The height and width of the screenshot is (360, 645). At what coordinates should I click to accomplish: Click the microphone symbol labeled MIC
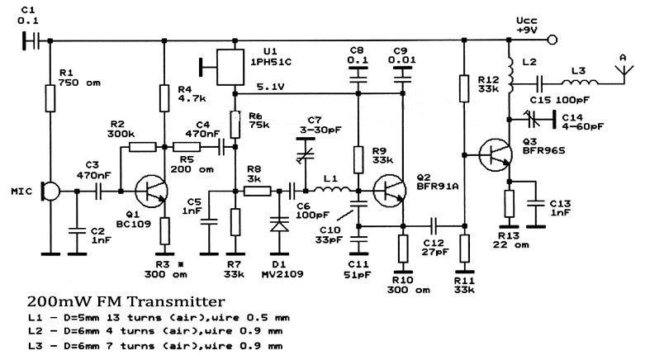click(x=50, y=192)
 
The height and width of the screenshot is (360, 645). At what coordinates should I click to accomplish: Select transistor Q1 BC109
click(x=151, y=192)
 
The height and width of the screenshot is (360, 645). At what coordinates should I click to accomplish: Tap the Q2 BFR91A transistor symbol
click(x=389, y=191)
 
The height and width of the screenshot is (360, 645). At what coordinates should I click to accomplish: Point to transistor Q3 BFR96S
click(x=496, y=155)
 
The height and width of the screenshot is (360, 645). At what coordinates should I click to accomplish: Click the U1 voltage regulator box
click(x=230, y=68)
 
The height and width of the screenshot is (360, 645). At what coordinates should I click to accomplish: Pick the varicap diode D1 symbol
click(x=279, y=226)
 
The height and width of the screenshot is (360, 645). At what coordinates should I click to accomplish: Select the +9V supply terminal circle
click(x=553, y=40)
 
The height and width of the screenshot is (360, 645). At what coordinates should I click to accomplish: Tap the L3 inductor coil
click(x=580, y=83)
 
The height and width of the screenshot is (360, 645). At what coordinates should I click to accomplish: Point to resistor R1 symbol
click(x=50, y=98)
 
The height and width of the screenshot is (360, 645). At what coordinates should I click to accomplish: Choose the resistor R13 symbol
click(x=509, y=204)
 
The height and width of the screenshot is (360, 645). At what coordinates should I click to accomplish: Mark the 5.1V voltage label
click(x=271, y=87)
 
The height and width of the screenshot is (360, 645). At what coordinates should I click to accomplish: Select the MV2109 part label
click(x=282, y=274)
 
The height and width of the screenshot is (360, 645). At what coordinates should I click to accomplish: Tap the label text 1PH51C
click(x=271, y=62)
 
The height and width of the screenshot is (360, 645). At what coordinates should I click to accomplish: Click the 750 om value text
click(x=79, y=83)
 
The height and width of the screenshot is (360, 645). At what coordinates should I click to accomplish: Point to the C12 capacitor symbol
click(x=434, y=226)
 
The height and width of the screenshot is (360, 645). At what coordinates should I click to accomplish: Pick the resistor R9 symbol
click(x=358, y=159)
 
